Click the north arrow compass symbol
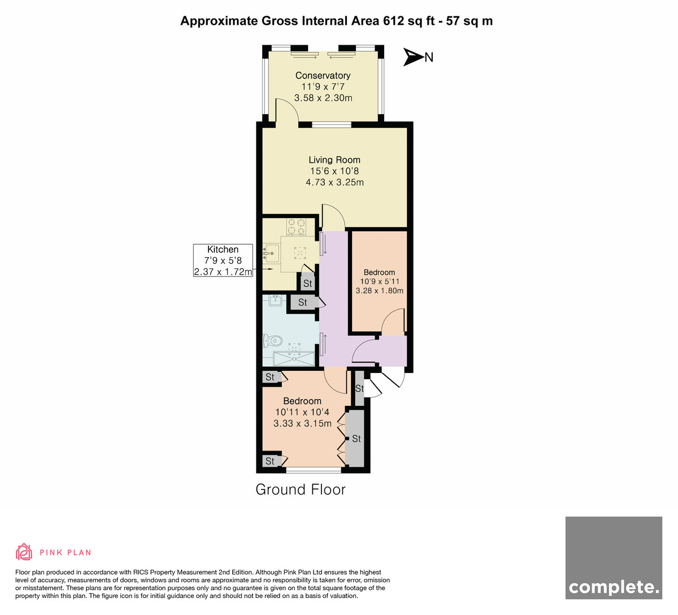pyautogui.click(x=413, y=57)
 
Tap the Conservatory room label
pyautogui.click(x=323, y=75)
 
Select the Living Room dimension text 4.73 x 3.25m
pyautogui.click(x=334, y=183)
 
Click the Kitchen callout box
pyautogui.click(x=223, y=260)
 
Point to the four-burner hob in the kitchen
pyautogui.click(x=296, y=227)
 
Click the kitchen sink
pyautogui.click(x=271, y=253)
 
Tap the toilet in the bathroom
pyautogui.click(x=272, y=340)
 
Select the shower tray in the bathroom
pyautogui.click(x=294, y=358)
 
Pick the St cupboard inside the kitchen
pyautogui.click(x=307, y=283)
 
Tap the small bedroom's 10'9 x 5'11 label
pyautogui.click(x=380, y=281)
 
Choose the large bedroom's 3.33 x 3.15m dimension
pyautogui.click(x=302, y=423)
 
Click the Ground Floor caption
pyautogui.click(x=301, y=490)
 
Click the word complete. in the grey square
pyautogui.click(x=614, y=588)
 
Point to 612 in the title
pyautogui.click(x=393, y=21)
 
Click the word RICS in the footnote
pyautogui.click(x=141, y=573)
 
